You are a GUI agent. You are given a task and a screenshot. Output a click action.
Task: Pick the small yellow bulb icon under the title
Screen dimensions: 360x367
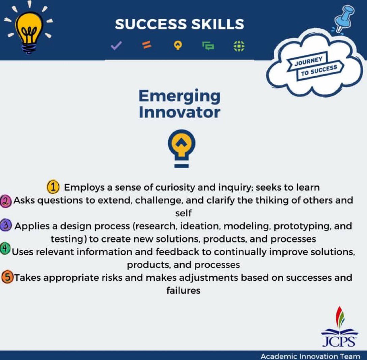[178, 46]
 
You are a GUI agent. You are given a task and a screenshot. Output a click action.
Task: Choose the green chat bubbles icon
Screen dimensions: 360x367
[208, 46]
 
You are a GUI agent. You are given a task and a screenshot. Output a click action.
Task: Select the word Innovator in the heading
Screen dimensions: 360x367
[179, 112]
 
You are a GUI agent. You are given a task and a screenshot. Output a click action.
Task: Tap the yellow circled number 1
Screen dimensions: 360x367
[53, 187]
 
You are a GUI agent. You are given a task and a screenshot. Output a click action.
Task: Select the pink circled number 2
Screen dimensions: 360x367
[7, 201]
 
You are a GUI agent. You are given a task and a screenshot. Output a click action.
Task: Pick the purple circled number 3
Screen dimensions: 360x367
[7, 226]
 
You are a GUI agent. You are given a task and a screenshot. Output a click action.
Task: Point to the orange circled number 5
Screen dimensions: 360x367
[7, 278]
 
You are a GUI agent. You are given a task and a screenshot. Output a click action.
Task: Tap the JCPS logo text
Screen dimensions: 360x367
[339, 341]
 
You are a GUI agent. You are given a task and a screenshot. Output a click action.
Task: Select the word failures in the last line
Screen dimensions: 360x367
[183, 290]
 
